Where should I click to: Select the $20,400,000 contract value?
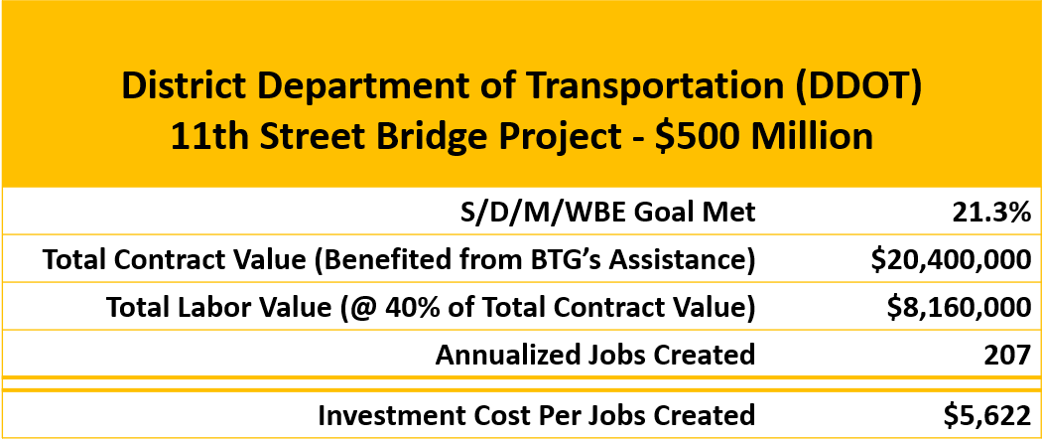(952, 260)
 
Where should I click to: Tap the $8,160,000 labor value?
(959, 307)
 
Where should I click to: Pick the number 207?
(1009, 355)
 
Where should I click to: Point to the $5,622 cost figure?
(987, 415)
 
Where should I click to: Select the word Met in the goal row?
(730, 213)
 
